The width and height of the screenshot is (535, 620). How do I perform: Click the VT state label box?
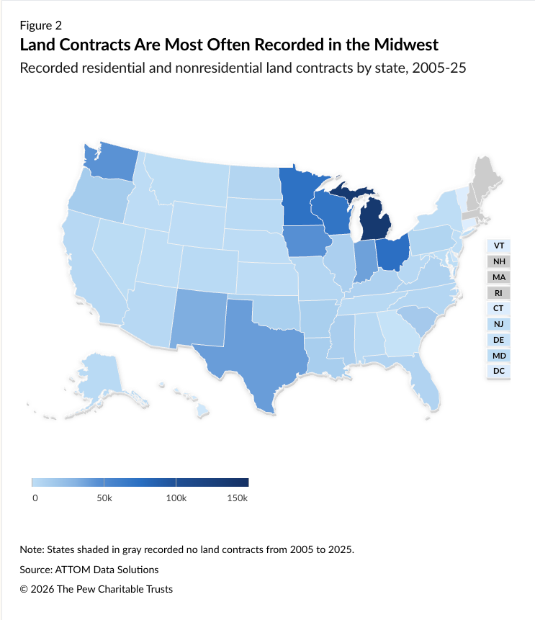(x=498, y=246)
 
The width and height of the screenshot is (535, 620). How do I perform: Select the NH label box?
(x=498, y=261)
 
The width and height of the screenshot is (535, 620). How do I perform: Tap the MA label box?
(x=498, y=277)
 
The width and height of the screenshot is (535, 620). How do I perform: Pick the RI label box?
(x=498, y=293)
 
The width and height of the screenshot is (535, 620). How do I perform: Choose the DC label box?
(x=498, y=371)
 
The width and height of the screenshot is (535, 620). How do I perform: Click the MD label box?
(x=498, y=356)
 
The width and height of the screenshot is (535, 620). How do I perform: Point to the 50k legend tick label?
(x=104, y=498)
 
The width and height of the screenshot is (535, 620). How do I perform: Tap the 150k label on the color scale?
(x=237, y=498)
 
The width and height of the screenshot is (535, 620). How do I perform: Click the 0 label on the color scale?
(x=35, y=498)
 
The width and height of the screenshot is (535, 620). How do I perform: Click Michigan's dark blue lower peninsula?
(x=375, y=220)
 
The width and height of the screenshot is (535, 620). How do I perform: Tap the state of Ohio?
(x=392, y=253)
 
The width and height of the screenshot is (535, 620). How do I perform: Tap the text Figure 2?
(x=41, y=26)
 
